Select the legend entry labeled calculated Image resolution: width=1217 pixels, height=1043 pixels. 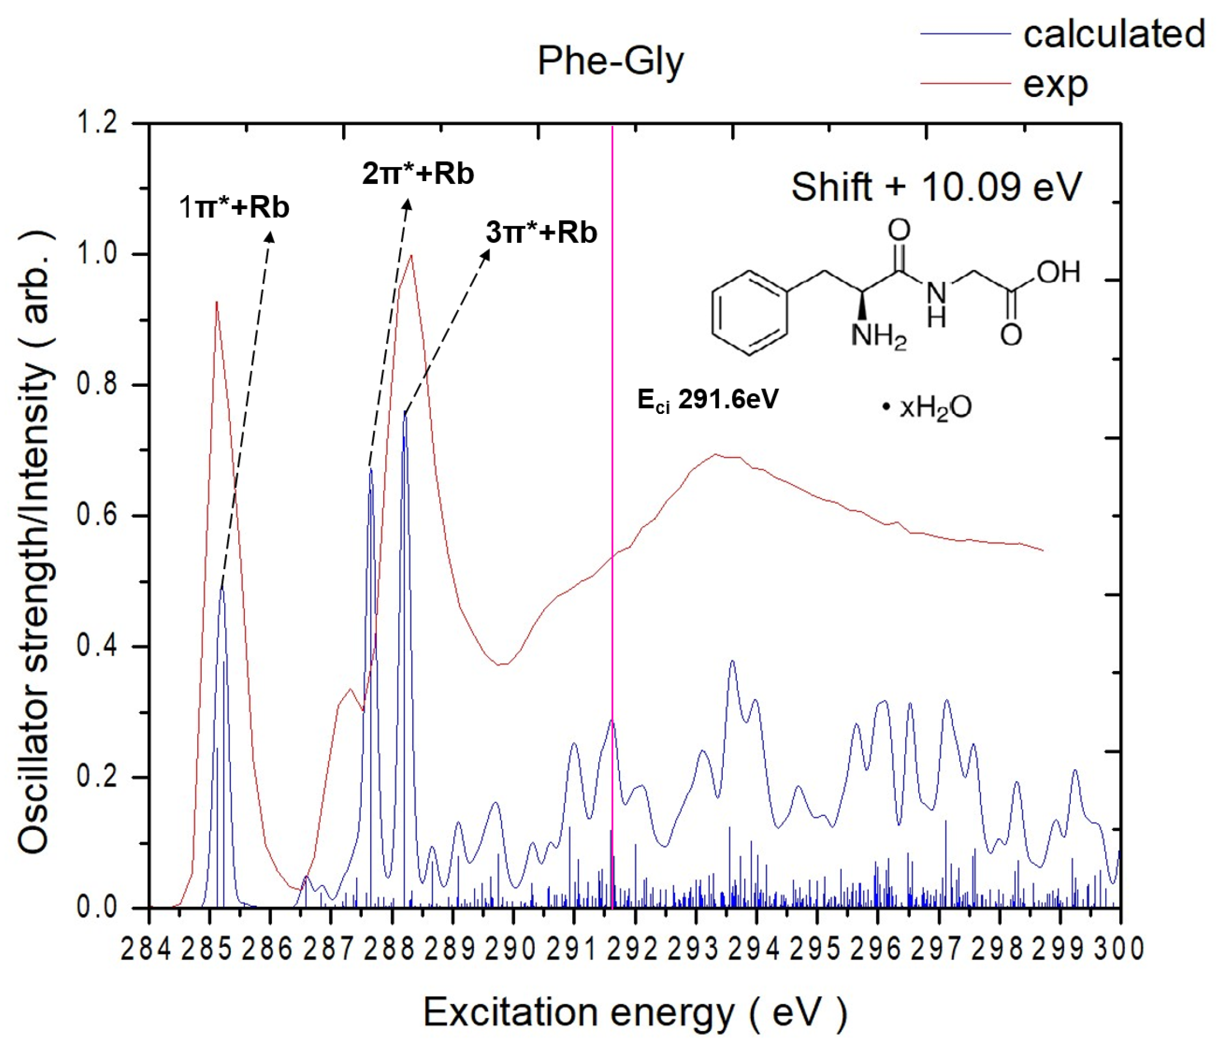point(1113,34)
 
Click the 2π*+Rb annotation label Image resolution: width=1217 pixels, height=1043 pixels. point(418,173)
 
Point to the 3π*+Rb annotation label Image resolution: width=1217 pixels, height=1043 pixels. point(541,232)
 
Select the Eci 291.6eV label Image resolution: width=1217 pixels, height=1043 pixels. point(708,400)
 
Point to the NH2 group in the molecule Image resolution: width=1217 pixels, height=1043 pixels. point(879,336)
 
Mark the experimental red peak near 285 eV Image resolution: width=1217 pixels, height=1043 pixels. point(217,303)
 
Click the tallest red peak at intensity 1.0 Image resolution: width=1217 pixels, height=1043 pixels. point(411,255)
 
